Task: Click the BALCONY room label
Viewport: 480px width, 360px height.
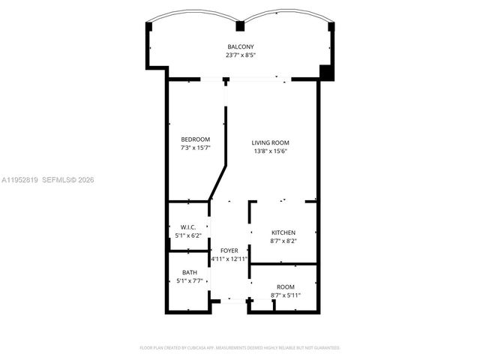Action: click(241, 47)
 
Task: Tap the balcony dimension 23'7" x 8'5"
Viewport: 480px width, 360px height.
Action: click(241, 55)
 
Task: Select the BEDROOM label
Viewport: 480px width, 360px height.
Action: click(196, 139)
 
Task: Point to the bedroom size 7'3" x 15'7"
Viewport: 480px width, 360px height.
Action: click(196, 148)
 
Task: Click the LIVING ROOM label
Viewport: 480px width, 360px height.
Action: click(270, 142)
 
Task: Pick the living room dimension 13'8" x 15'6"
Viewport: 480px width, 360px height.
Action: click(270, 151)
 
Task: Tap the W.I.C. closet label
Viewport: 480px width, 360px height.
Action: click(188, 227)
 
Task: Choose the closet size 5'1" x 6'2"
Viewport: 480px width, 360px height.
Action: click(188, 235)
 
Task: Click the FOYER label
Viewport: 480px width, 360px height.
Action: click(229, 250)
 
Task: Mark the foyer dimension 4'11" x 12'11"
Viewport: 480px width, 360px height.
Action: click(229, 259)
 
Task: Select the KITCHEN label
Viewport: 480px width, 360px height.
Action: click(283, 233)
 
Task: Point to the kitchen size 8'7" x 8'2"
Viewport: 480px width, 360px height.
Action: click(283, 241)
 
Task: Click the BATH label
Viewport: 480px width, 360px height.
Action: click(189, 273)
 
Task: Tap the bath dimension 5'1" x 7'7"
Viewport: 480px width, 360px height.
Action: click(189, 281)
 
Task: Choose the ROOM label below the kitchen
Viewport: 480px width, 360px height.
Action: click(285, 287)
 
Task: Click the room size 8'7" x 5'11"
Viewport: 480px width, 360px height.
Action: click(285, 295)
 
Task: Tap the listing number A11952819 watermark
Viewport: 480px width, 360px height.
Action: click(20, 180)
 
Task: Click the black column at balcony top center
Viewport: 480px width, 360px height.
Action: click(240, 27)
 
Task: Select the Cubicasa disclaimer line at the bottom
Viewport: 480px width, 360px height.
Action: click(240, 348)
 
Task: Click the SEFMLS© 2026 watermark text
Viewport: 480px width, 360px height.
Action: click(68, 180)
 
